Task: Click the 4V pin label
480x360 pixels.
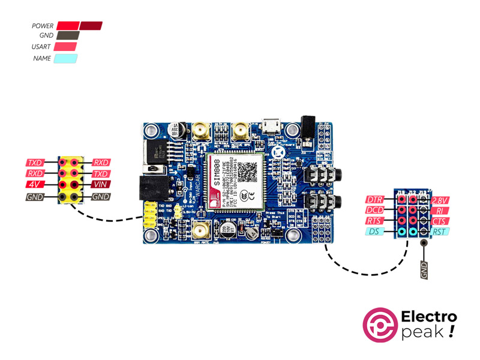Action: click(35, 185)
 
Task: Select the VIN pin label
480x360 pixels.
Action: click(100, 185)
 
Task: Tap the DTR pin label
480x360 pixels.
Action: click(375, 199)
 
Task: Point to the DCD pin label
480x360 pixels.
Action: click(375, 210)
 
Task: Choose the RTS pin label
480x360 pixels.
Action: click(375, 221)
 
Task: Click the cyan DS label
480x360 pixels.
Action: click(374, 232)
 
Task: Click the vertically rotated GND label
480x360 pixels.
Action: click(424, 270)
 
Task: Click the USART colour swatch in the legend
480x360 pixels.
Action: click(65, 47)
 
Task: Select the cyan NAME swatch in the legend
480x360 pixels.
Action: click(65, 59)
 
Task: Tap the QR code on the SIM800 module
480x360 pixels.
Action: click(247, 172)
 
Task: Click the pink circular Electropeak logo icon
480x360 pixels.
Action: click(380, 326)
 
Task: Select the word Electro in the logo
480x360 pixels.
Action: click(428, 317)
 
